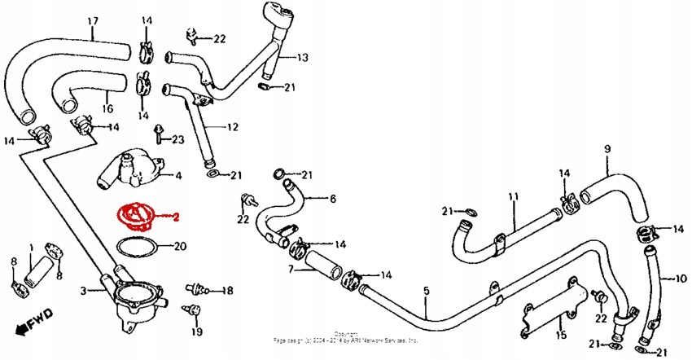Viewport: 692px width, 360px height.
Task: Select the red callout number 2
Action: click(175, 217)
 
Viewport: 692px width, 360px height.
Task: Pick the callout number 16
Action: click(107, 108)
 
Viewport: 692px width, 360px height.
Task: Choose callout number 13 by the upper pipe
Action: click(302, 58)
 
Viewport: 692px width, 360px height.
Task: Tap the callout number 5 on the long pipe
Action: click(425, 291)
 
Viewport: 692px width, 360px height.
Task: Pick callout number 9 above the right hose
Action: click(607, 148)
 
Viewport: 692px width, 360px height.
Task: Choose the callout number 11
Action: click(513, 197)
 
